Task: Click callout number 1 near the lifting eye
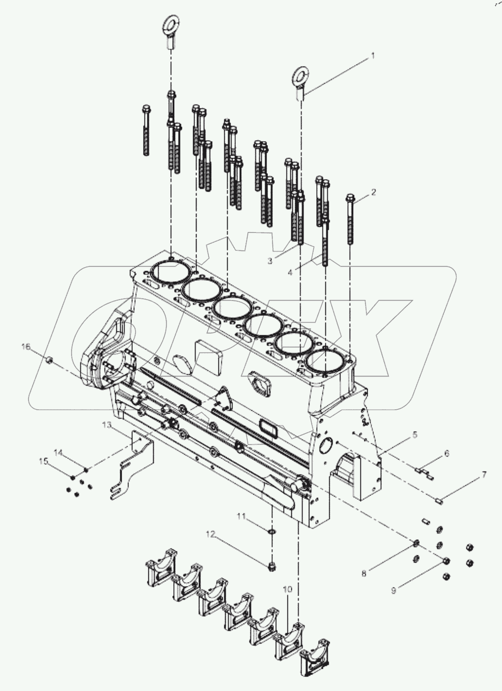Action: point(372,56)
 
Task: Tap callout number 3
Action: point(270,261)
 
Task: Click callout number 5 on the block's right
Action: point(414,435)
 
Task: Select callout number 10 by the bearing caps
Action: point(287,589)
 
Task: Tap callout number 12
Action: point(209,535)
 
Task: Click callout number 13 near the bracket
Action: point(106,425)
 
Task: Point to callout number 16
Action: point(26,347)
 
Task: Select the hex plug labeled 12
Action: point(272,566)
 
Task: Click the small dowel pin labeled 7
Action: point(438,501)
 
